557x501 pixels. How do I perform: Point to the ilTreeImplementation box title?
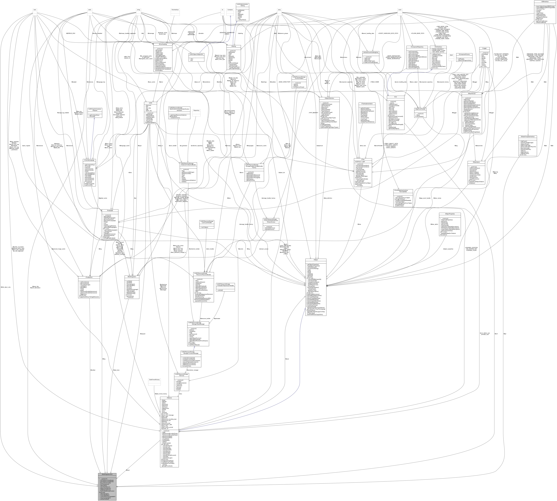[x=367, y=104]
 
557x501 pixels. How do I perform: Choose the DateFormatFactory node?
[x=154, y=380]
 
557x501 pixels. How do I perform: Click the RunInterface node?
[x=175, y=10]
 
